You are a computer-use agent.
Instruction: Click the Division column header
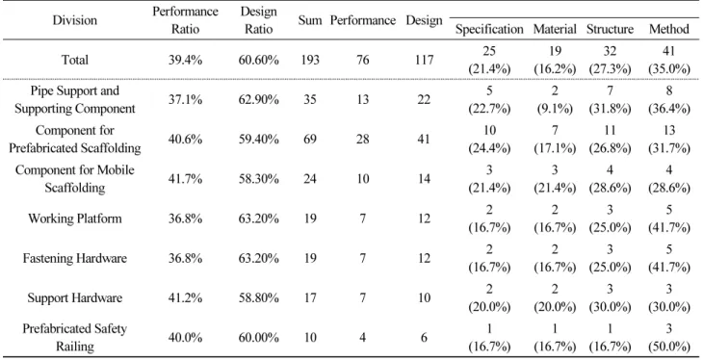click(x=74, y=20)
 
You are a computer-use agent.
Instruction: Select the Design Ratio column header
click(x=259, y=20)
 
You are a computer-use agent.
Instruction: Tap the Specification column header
click(x=489, y=29)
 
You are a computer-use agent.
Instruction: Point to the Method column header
click(x=669, y=29)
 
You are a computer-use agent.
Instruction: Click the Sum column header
click(x=310, y=20)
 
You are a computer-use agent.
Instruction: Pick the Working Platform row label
click(x=75, y=219)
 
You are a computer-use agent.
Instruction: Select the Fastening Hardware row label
click(x=75, y=259)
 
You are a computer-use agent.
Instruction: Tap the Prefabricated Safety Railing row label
click(x=75, y=338)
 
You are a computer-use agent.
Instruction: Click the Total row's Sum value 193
click(x=310, y=60)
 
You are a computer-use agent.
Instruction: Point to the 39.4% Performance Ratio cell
click(x=185, y=60)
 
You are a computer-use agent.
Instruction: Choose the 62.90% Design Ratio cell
click(x=259, y=100)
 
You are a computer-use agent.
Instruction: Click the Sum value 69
click(x=310, y=140)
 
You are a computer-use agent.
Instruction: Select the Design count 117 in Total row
click(x=424, y=60)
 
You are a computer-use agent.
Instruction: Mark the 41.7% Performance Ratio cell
click(x=185, y=179)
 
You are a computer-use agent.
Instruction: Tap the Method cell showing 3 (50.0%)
click(x=669, y=338)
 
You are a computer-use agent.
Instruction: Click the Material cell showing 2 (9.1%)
click(x=555, y=100)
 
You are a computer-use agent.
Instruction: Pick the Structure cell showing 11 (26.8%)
click(x=610, y=140)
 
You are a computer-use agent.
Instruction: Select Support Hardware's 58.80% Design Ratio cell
click(x=259, y=298)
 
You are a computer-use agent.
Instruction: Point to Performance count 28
click(x=363, y=140)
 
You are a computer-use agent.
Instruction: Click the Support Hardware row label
click(x=75, y=298)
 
